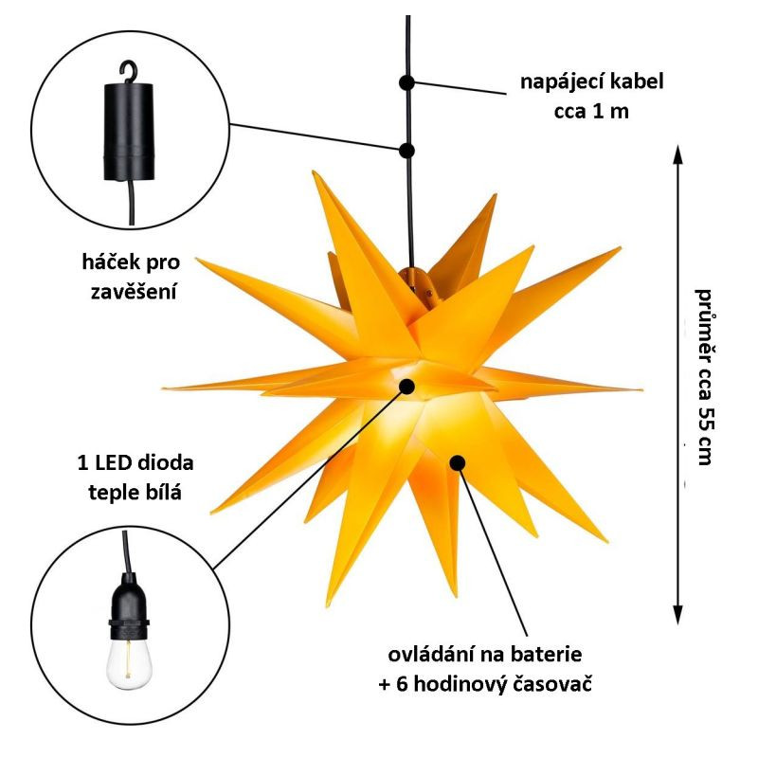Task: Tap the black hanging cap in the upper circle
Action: click(x=124, y=133)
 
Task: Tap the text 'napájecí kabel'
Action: click(x=591, y=81)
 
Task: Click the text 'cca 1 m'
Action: click(x=591, y=111)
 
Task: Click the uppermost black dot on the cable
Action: click(x=406, y=82)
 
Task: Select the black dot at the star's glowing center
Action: click(x=408, y=386)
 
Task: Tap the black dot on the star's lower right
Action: click(x=458, y=462)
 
